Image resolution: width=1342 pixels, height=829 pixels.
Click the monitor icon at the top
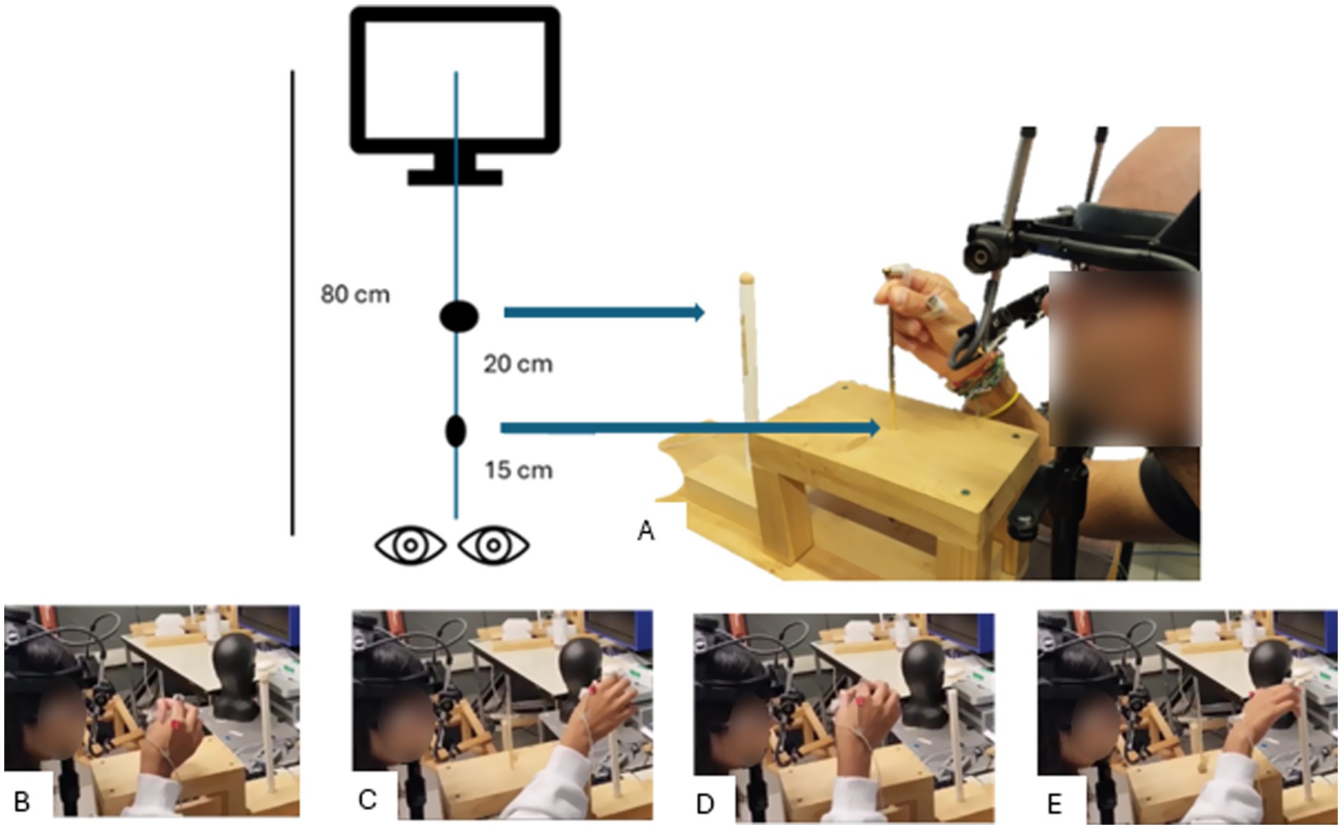[455, 85]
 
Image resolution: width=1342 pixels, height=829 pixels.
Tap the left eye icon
[410, 546]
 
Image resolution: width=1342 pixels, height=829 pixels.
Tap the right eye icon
[493, 546]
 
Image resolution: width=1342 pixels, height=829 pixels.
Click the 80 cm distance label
[355, 294]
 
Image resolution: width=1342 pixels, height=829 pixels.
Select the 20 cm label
[518, 364]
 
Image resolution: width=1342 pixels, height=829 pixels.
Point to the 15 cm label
[518, 470]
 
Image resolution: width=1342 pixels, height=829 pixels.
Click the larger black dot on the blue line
[459, 316]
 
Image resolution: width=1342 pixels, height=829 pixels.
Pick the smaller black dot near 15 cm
[456, 431]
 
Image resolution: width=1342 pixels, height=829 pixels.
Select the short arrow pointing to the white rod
[603, 311]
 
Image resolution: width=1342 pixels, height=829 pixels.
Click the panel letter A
[646, 530]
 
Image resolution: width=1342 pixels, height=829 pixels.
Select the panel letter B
[22, 802]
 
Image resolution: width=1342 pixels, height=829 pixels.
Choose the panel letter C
[368, 799]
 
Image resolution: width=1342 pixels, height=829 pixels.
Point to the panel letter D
[705, 803]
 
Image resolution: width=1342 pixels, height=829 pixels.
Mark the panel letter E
[1055, 804]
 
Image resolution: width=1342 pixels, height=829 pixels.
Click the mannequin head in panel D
[924, 672]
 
